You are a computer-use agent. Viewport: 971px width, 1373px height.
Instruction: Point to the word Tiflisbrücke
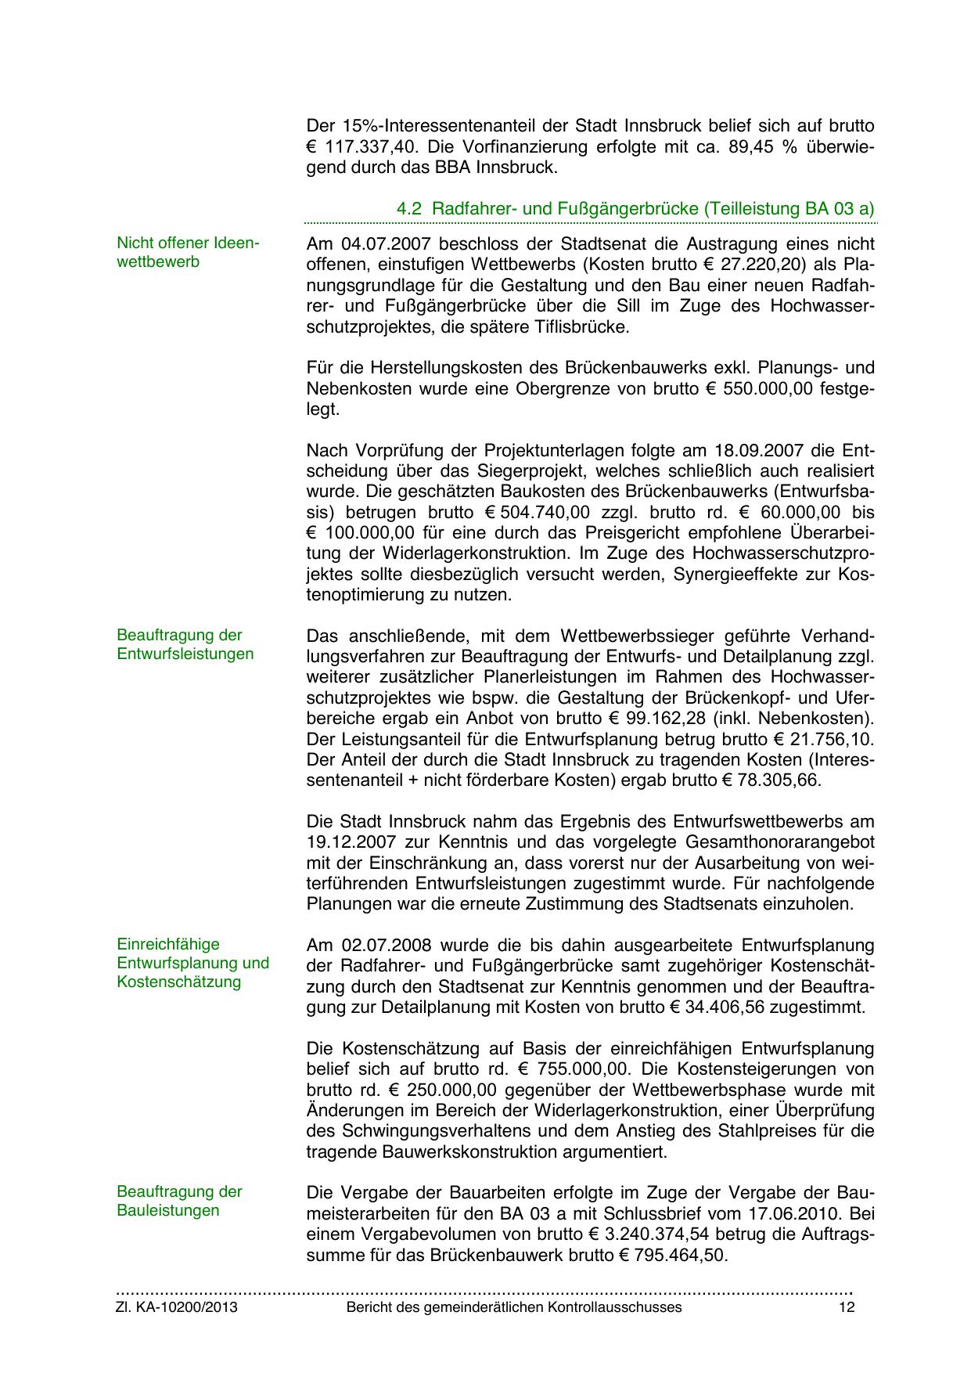click(583, 326)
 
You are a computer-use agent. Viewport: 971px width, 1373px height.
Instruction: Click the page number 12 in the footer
click(846, 1307)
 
